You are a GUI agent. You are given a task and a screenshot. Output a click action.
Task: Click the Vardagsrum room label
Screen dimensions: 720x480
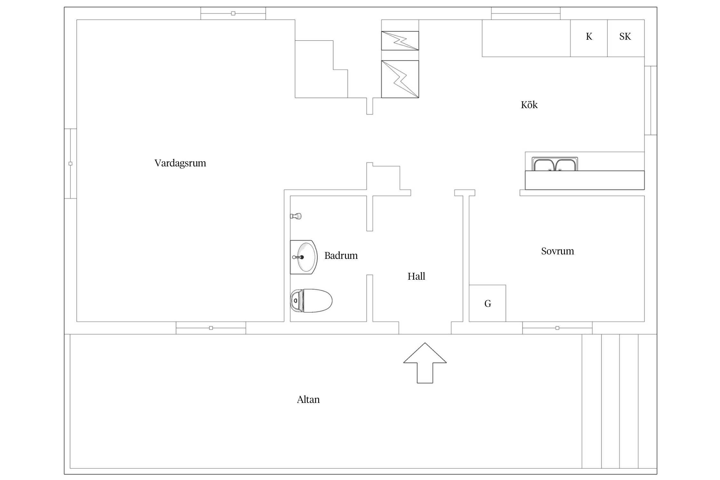(180, 163)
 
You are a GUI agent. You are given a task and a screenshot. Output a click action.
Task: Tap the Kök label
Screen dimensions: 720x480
(529, 105)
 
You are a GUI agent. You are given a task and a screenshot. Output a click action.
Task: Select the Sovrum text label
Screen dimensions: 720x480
(557, 251)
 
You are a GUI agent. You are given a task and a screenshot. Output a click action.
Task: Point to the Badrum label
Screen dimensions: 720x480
(341, 255)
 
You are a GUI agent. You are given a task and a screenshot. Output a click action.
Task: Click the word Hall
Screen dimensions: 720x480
(416, 276)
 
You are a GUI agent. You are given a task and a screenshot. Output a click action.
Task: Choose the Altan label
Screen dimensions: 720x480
(308, 399)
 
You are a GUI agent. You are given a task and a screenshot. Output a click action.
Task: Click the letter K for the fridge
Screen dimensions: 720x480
(589, 36)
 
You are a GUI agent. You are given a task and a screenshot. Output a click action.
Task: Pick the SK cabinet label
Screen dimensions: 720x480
(625, 36)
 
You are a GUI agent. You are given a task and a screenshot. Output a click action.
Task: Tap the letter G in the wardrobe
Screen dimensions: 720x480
(488, 303)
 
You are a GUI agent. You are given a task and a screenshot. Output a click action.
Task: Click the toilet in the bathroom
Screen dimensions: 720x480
(311, 301)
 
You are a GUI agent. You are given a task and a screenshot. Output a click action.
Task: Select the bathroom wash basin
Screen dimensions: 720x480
(304, 257)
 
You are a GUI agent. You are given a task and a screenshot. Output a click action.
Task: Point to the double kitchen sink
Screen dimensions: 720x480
(555, 164)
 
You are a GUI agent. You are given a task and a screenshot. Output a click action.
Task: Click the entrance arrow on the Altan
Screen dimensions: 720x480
(425, 363)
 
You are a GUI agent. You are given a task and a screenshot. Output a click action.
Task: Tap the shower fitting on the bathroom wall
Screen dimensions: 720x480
(296, 216)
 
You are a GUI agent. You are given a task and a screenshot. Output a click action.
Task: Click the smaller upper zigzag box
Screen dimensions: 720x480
(400, 41)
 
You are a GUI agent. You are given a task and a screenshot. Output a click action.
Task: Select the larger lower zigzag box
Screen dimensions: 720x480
(400, 79)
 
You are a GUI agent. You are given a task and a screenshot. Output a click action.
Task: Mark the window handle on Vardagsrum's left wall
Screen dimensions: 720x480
(70, 164)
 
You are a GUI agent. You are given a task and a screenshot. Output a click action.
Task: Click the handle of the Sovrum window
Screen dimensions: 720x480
(557, 328)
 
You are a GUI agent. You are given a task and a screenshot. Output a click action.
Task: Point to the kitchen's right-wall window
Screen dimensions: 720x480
(651, 100)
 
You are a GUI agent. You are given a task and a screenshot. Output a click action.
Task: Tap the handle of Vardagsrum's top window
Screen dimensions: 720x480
(233, 13)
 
